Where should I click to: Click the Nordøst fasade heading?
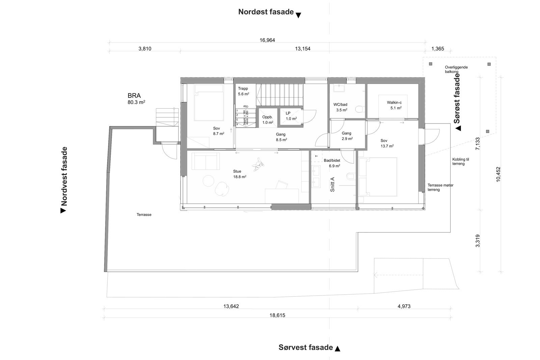tap(266, 12)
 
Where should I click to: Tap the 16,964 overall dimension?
tap(267, 40)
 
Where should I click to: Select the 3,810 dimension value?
tap(145, 49)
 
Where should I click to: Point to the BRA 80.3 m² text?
tap(136, 99)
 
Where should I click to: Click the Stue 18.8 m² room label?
tap(239, 174)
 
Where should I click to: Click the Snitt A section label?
tap(332, 185)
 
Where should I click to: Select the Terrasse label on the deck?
tap(144, 215)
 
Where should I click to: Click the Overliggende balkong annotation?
tap(456, 70)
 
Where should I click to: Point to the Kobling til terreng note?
tap(460, 162)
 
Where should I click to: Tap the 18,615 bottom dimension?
tap(277, 315)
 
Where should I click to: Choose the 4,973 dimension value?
tap(404, 307)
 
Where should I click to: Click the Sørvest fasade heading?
tap(306, 348)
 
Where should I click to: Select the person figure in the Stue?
tap(258, 164)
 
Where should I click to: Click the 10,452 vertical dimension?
tap(498, 174)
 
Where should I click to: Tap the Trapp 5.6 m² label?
tap(243, 91)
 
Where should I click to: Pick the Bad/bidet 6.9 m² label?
tap(332, 163)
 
